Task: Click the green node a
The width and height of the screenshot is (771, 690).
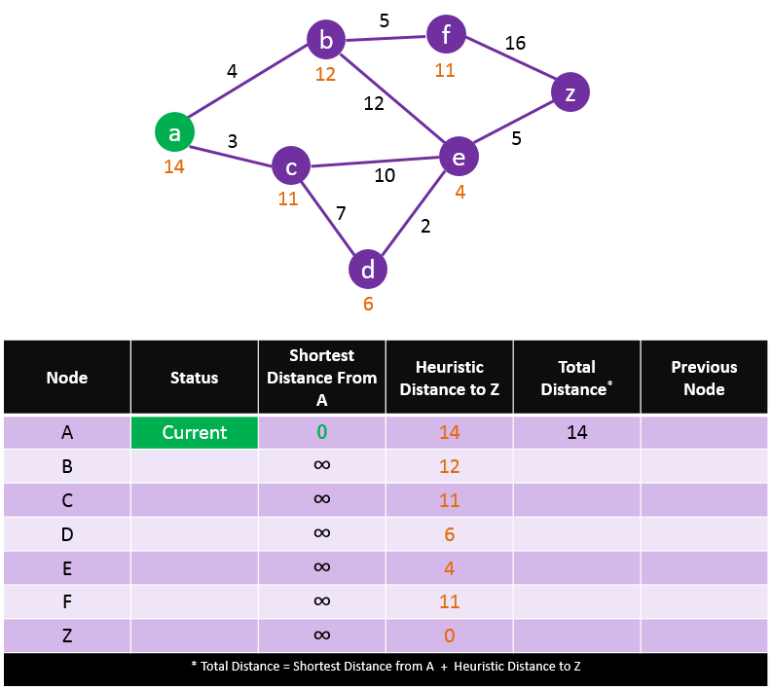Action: pos(174,132)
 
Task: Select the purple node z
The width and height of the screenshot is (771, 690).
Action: pos(569,92)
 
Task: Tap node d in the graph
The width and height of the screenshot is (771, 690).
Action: pos(368,270)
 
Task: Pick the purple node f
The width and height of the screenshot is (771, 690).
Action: pos(446,36)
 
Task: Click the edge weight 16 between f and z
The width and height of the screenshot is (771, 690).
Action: pos(515,44)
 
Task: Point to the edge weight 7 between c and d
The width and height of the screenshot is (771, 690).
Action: pos(340,213)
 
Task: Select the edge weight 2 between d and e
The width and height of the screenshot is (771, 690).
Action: pos(425,227)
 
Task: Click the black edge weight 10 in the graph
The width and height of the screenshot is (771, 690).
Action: pos(385,175)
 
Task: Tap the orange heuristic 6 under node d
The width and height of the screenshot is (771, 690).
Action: pos(368,304)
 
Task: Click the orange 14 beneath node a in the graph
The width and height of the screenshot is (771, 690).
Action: pos(174,166)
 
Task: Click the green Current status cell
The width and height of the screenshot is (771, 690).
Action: pos(195,433)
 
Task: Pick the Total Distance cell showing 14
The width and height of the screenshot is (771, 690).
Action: pos(576,433)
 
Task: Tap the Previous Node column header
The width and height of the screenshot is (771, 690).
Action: pos(704,378)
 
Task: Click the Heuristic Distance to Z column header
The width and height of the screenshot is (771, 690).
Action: pos(449,378)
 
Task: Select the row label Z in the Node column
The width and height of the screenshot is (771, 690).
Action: pos(67,636)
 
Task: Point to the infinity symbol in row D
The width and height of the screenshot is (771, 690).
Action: pos(322,533)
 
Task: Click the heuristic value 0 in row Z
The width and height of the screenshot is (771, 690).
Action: pos(449,636)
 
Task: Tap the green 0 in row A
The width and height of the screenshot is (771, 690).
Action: pos(322,432)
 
